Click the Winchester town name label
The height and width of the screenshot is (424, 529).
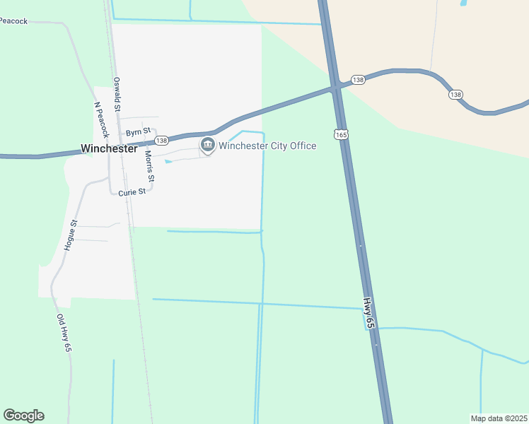pyautogui.click(x=108, y=149)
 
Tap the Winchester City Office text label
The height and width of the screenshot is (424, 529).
pyautogui.click(x=267, y=146)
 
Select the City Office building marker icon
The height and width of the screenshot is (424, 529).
pyautogui.click(x=207, y=146)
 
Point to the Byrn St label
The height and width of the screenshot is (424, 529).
pyautogui.click(x=138, y=132)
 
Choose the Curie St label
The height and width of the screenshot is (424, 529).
pyautogui.click(x=132, y=192)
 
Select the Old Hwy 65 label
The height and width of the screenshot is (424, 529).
pyautogui.click(x=64, y=333)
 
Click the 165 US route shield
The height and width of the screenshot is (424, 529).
pyautogui.click(x=342, y=134)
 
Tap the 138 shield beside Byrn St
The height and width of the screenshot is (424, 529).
pyautogui.click(x=162, y=141)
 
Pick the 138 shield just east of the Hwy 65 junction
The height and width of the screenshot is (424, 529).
pyautogui.click(x=359, y=81)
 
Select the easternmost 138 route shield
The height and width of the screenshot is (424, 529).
pyautogui.click(x=455, y=95)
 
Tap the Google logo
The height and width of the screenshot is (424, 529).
pyautogui.click(x=23, y=416)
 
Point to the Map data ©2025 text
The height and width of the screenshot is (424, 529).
pyautogui.click(x=499, y=418)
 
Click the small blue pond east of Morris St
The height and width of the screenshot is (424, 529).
pyautogui.click(x=168, y=162)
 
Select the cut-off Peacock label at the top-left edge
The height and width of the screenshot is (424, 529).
pyautogui.click(x=13, y=21)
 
